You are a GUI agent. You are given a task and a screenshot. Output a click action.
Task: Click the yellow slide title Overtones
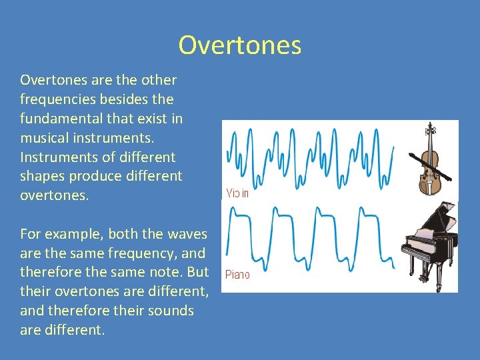[240, 45]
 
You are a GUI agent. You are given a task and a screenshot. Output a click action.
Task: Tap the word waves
[187, 234]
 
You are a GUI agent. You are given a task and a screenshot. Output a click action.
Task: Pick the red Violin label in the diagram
[237, 193]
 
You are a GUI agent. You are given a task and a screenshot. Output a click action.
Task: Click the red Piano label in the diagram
[237, 275]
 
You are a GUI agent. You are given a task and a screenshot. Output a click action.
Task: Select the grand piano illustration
[429, 247]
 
